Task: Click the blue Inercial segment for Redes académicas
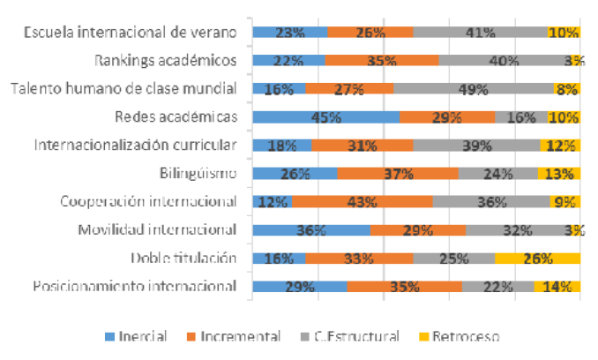pyautogui.click(x=325, y=117)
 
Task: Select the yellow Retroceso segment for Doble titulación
pyautogui.click(x=537, y=259)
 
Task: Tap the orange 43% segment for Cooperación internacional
pyautogui.click(x=363, y=202)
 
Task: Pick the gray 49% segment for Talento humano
pyautogui.click(x=473, y=89)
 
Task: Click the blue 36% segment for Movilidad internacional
pyautogui.click(x=310, y=230)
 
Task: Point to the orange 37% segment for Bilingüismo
pyautogui.click(x=398, y=174)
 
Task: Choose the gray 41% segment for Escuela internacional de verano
pyautogui.click(x=480, y=33)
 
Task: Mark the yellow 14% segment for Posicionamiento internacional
pyautogui.click(x=557, y=287)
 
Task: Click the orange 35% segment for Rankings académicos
pyautogui.click(x=381, y=61)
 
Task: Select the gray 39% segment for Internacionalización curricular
pyautogui.click(x=476, y=146)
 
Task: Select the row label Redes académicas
pyautogui.click(x=176, y=117)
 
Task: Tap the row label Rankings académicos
pyautogui.click(x=166, y=61)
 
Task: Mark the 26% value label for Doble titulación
pyautogui.click(x=537, y=259)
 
